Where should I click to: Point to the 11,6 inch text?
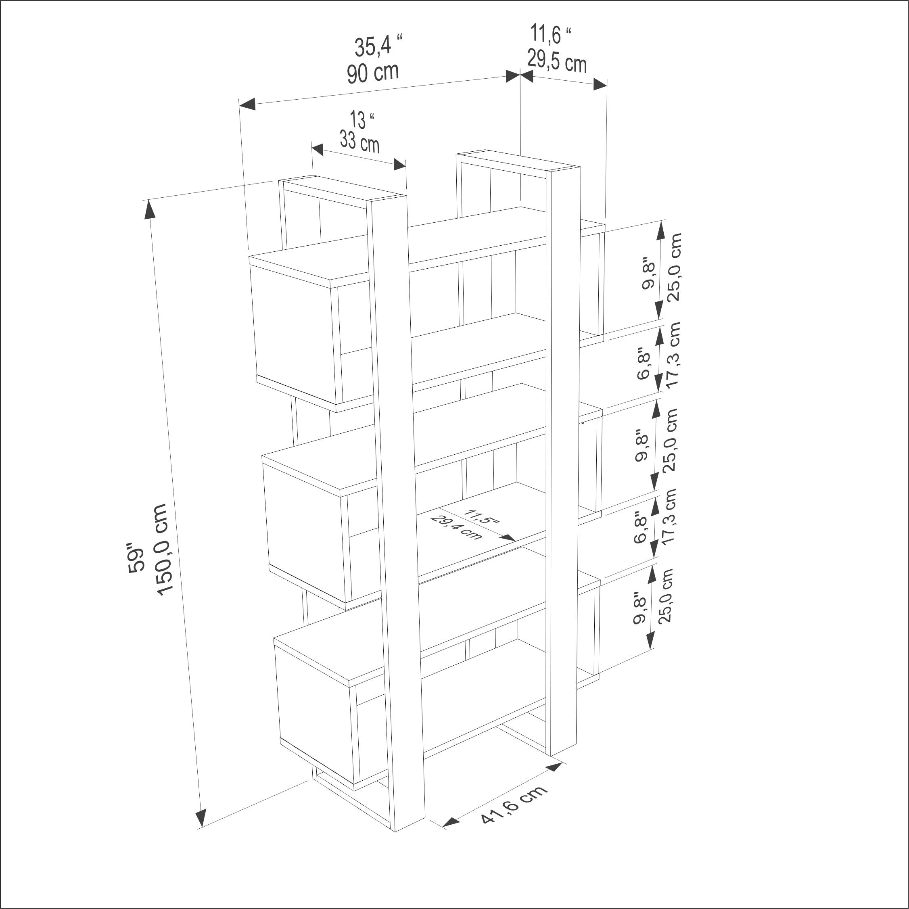click(x=550, y=34)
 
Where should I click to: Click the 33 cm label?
click(x=359, y=142)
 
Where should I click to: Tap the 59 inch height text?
click(x=135, y=559)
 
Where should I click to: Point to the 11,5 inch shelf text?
click(x=481, y=516)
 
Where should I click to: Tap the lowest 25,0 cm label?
click(x=665, y=595)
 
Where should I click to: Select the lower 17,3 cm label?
click(x=669, y=516)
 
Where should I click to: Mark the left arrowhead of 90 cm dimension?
click(x=247, y=104)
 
